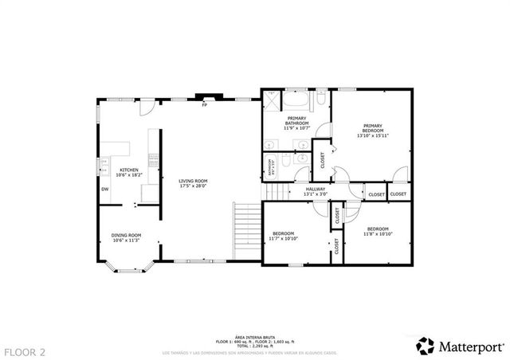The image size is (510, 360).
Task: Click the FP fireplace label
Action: (x=204, y=105)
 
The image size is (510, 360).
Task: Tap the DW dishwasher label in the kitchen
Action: (x=104, y=189)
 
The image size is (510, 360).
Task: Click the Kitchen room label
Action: (x=129, y=170)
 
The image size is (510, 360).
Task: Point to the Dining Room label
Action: (x=126, y=235)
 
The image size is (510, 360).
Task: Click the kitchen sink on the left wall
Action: (x=101, y=166)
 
